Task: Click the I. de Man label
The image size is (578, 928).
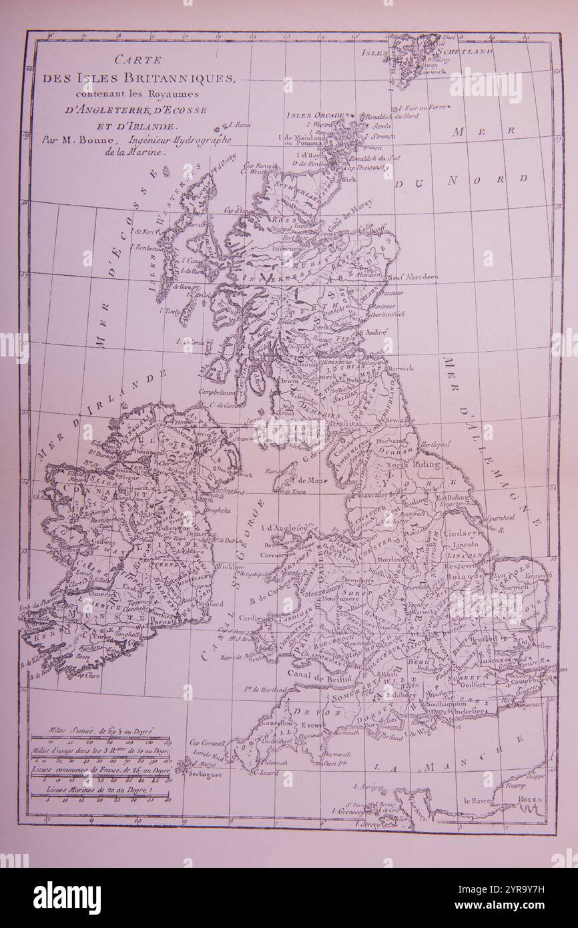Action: coord(307,479)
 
